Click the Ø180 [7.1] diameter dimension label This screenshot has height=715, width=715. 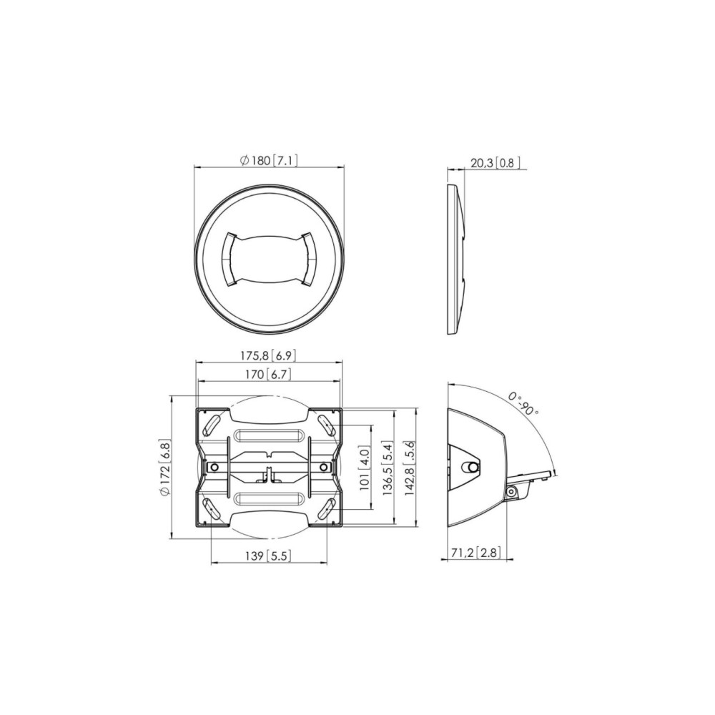coord(269,161)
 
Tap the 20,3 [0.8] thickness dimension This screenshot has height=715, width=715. coord(495,163)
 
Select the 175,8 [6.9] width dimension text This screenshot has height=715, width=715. coord(269,355)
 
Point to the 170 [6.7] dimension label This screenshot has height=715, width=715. coord(268,375)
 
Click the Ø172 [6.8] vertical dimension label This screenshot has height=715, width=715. coord(164,467)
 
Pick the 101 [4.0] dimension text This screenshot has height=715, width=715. coord(365,468)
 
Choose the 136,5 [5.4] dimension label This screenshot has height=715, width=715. coord(387,468)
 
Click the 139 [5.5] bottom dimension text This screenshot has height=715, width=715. coord(268,556)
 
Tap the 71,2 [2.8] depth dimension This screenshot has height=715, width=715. coord(475,553)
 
